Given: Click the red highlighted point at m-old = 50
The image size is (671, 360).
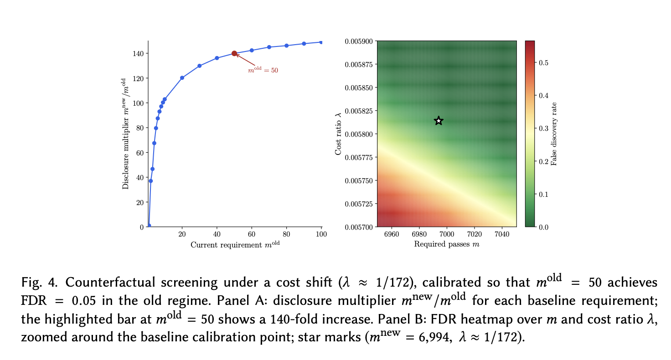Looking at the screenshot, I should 234,53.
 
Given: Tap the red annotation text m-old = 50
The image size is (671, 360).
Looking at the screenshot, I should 263,71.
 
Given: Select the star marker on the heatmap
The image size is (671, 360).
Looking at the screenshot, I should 439,121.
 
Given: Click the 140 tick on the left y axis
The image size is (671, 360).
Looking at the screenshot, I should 138,53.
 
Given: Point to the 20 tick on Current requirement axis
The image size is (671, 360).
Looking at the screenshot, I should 182,234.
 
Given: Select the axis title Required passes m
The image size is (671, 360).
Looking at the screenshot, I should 447,244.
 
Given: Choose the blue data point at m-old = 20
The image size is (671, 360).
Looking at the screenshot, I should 182,78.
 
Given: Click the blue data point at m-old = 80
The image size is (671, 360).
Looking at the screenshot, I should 287,46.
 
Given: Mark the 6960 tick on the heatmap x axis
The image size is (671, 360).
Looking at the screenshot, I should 392,234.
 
